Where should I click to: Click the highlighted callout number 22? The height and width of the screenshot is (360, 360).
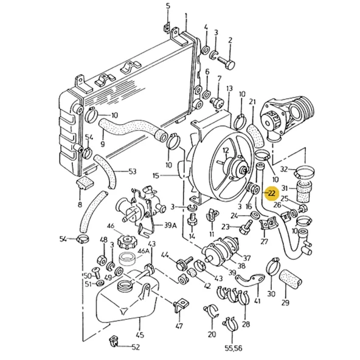271,193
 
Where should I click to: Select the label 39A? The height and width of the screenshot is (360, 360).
170,224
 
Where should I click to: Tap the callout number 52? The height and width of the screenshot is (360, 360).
136,347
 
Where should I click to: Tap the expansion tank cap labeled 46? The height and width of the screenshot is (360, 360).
127,244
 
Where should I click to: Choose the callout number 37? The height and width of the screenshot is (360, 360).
247,257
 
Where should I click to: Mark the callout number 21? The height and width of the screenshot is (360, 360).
252,101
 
